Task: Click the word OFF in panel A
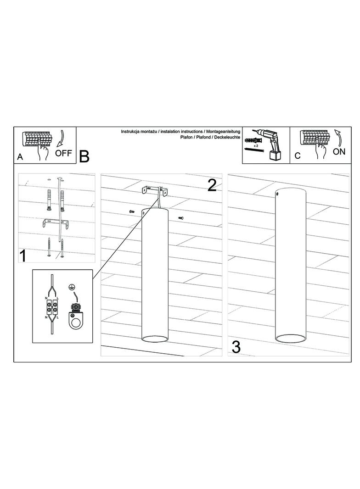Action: point(63,153)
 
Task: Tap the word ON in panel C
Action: point(339,151)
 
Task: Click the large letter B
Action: point(84,156)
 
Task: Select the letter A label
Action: point(20,157)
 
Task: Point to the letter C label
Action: point(298,156)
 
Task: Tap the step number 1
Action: point(23,256)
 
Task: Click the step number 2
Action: point(212,186)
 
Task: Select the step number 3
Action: point(236,347)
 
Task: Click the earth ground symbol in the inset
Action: point(72,287)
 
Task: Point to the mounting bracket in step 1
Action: point(55,222)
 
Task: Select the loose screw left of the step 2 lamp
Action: point(131,211)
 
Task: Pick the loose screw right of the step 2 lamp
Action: point(181,218)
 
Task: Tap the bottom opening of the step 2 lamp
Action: point(155,339)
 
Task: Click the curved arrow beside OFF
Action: point(60,139)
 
